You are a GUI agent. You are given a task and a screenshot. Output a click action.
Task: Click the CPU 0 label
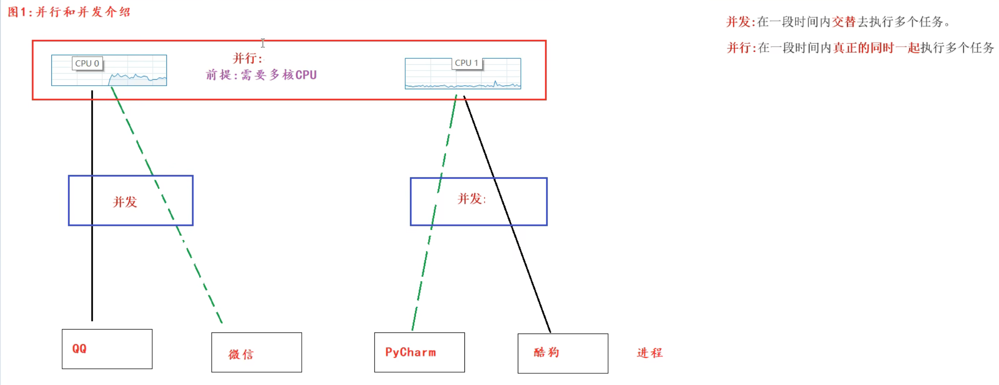click(87, 63)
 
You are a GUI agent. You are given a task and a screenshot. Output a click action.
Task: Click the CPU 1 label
click(467, 63)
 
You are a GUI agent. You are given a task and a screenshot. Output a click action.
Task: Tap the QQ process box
click(107, 349)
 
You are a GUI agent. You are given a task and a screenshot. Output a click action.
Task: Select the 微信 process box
click(256, 352)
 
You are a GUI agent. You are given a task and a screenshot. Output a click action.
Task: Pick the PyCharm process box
click(419, 352)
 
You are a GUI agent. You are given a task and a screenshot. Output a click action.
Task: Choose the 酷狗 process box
click(563, 353)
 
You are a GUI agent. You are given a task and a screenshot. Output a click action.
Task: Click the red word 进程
click(650, 353)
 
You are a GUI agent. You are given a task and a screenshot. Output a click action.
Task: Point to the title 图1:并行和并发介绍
click(69, 12)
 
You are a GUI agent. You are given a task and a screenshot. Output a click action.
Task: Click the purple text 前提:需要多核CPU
click(261, 75)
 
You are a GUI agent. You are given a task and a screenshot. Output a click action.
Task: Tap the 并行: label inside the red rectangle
click(247, 58)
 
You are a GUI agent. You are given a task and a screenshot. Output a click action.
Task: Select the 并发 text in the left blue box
click(125, 202)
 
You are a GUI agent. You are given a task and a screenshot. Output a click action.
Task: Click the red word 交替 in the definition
click(843, 22)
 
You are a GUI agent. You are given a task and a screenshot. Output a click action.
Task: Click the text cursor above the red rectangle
click(263, 43)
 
